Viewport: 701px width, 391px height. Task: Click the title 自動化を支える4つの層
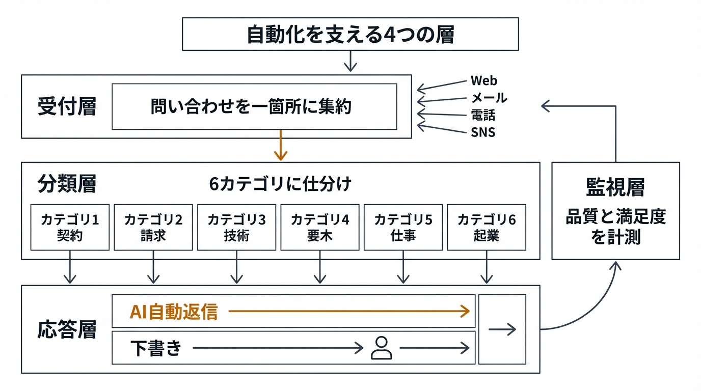pos(350,35)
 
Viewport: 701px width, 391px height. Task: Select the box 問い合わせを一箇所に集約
pos(254,107)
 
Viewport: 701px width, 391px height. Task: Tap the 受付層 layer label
pos(67,107)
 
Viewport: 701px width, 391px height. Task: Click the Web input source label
pos(483,80)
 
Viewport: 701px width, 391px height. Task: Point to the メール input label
pos(489,98)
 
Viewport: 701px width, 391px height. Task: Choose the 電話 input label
pos(483,115)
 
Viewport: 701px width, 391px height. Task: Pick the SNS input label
pos(483,132)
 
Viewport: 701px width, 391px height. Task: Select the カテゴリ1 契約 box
pos(70,227)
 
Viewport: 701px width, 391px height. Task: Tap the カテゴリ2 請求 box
pos(153,227)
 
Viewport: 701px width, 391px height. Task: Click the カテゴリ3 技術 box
pos(236,227)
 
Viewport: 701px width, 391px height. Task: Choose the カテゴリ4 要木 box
pos(320,227)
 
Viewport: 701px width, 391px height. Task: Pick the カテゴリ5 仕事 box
pos(403,227)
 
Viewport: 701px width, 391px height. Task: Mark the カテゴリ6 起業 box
pos(487,227)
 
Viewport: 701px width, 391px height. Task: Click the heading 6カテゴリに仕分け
pos(280,184)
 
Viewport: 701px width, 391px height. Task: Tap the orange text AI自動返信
pos(174,312)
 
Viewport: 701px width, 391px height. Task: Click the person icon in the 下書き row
pos(381,348)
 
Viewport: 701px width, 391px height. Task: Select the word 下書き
pos(155,348)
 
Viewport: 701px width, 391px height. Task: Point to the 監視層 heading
pos(615,187)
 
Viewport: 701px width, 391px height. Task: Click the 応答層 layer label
pos(67,330)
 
